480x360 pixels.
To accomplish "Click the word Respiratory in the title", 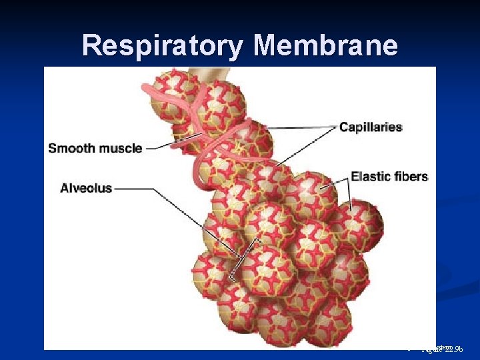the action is [x=164, y=46].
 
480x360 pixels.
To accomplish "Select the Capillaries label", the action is [x=371, y=127].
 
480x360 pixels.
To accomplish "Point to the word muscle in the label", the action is [x=121, y=148].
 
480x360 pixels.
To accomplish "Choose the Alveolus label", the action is [x=86, y=189].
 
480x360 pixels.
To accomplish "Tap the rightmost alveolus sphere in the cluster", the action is [x=364, y=223].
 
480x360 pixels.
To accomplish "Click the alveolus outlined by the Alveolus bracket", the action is [x=263, y=267].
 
